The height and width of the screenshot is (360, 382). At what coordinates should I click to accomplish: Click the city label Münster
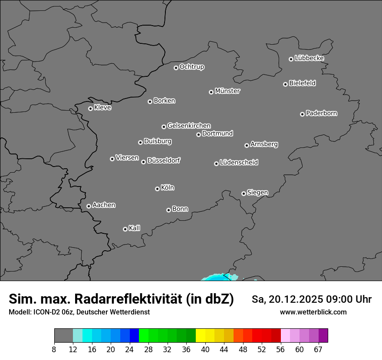[227, 91]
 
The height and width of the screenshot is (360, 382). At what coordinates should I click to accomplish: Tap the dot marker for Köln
[157, 189]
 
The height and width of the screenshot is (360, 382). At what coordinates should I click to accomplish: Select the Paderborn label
[321, 113]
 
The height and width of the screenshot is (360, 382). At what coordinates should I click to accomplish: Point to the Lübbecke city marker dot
[291, 59]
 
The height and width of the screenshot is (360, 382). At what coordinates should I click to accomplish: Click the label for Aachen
[104, 205]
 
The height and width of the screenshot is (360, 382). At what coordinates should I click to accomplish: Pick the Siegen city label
[257, 193]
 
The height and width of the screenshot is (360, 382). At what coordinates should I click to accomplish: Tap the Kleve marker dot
[90, 108]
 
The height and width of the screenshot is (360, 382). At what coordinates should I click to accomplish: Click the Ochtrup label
[191, 67]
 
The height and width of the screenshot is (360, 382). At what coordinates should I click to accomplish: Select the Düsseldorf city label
[164, 160]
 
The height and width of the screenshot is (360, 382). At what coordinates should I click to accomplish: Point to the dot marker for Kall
[125, 229]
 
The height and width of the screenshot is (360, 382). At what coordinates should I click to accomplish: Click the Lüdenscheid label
[239, 163]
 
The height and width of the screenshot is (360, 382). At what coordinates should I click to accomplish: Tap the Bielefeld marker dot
[285, 84]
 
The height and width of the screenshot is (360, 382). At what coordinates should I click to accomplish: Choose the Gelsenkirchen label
[189, 126]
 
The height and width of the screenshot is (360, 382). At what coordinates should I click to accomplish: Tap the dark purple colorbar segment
[323, 336]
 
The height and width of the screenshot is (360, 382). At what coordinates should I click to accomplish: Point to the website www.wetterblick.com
[313, 312]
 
